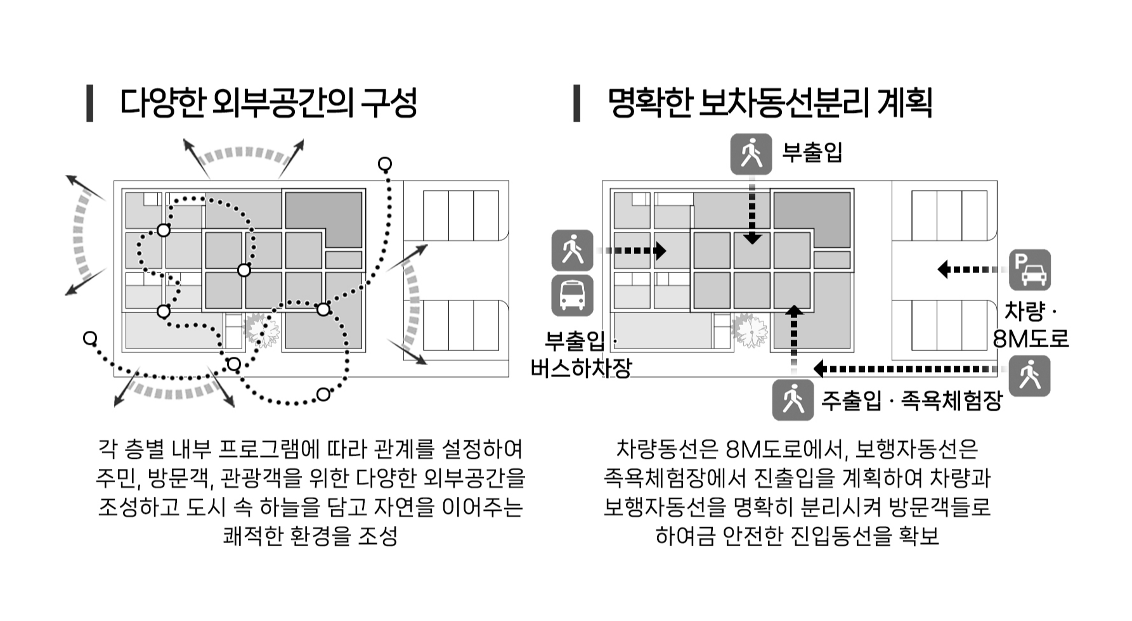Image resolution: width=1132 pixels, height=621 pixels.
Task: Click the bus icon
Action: tap(572, 295)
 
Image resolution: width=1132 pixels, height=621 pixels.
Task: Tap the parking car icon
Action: tap(1029, 270)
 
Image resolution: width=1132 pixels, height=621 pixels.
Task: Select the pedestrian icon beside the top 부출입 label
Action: tap(751, 154)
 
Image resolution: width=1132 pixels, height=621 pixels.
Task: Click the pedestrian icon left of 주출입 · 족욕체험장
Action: tap(792, 400)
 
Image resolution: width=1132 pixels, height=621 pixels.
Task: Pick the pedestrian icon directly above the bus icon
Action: tap(572, 250)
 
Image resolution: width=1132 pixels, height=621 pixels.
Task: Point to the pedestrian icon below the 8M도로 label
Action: tap(1029, 376)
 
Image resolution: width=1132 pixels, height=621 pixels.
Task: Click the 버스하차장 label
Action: tap(581, 368)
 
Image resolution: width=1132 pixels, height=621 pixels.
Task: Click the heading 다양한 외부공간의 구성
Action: tap(268, 103)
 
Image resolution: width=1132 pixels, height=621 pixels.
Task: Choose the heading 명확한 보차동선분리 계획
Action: tap(769, 103)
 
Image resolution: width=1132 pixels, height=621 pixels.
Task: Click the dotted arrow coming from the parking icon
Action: tap(970, 269)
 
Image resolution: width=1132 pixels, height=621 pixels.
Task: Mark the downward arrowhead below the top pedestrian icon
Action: tap(752, 239)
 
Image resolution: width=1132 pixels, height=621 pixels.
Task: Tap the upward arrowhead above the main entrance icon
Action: tap(793, 310)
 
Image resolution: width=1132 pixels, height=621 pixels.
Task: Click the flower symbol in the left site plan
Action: tap(261, 331)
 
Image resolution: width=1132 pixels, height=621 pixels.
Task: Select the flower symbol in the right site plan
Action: tap(750, 331)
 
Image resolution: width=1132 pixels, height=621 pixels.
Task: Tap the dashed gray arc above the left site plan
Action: tap(244, 154)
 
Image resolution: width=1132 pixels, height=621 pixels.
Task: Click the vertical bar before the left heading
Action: tap(90, 103)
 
